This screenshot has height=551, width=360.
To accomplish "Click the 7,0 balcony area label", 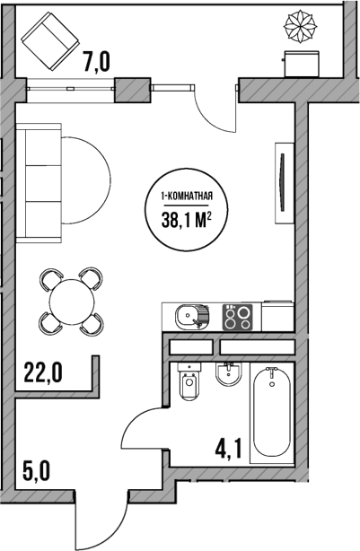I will coord(96,62).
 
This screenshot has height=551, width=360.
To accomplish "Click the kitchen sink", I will coord(190,316).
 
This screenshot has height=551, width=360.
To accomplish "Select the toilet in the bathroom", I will coord(189,384).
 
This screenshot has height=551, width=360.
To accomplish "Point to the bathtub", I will coord(272,412).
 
